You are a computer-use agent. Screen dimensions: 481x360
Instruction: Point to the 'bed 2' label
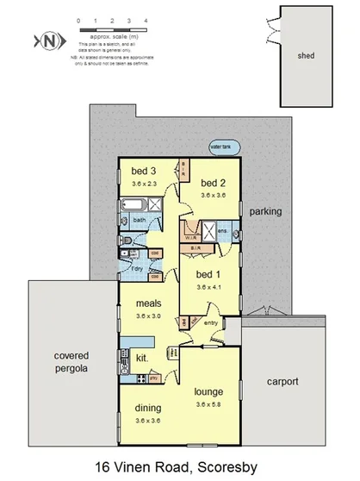coord(213,184)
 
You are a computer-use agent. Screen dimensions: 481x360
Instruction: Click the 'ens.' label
coord(222,231)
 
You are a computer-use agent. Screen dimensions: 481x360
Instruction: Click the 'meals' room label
coord(150,303)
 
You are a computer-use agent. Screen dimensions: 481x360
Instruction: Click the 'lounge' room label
coord(209,390)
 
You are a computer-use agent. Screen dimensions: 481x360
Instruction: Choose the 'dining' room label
coord(148,409)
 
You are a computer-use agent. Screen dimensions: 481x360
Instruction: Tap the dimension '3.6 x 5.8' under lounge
coord(209,403)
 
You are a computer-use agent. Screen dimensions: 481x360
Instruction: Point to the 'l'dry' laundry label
coord(136,268)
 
